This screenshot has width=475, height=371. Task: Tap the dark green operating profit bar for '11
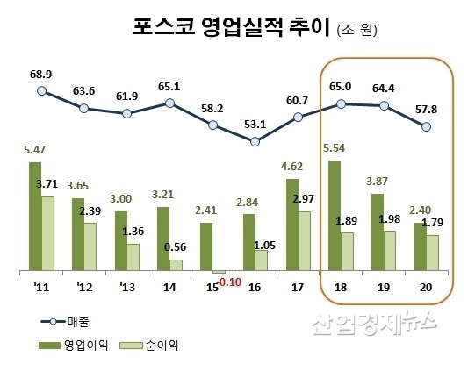[34, 216]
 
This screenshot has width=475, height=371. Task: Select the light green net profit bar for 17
[304, 241]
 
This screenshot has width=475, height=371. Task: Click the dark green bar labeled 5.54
[335, 216]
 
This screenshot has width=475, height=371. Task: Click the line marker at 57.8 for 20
[427, 126]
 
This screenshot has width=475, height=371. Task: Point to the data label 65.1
[169, 86]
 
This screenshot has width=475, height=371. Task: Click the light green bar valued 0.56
[176, 265]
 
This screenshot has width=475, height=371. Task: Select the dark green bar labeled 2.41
[205, 246]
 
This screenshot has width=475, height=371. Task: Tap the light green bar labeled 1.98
[390, 250]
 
